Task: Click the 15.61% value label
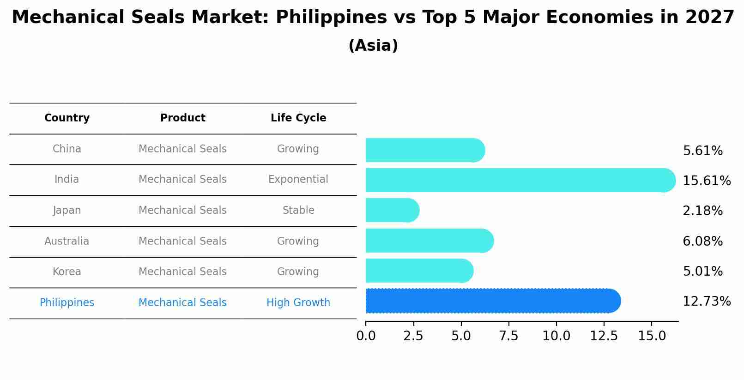706,181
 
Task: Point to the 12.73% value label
706,302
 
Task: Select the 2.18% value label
702,211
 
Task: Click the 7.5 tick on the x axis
508,336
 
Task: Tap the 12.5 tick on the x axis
604,336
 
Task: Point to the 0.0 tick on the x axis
366,336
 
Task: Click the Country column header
67,118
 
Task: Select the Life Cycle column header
298,118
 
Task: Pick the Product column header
183,118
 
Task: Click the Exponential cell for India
298,180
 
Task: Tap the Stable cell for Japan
298,211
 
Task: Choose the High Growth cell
298,303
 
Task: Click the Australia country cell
67,241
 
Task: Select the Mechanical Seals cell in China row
183,149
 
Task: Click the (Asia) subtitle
373,46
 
